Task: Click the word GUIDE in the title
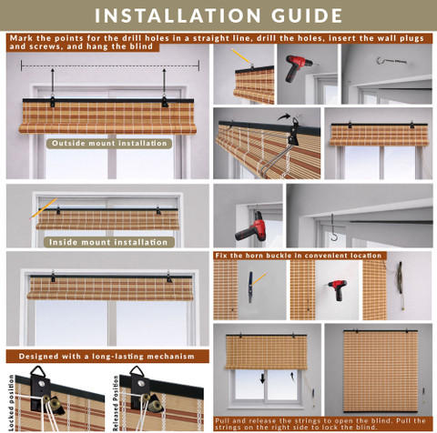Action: [x=307, y=15]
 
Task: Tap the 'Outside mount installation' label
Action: [x=109, y=144]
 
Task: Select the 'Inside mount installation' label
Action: [x=108, y=242]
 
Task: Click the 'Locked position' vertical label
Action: [x=11, y=402]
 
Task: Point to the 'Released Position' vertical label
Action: [x=116, y=403]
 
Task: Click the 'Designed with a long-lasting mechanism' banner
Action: [x=107, y=357]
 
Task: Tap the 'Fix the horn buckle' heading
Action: [x=299, y=256]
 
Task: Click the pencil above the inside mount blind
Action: [x=43, y=208]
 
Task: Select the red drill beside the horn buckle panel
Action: [x=338, y=289]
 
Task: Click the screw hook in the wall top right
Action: [x=391, y=61]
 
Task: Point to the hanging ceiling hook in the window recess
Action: [x=333, y=227]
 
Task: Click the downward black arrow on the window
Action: [x=262, y=378]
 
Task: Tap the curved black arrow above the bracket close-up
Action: [x=283, y=116]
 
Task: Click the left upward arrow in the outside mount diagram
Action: [x=53, y=82]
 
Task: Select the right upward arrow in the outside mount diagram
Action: [x=164, y=82]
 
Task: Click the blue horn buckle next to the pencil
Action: [x=250, y=287]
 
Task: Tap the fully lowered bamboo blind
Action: [x=381, y=371]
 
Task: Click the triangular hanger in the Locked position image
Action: [x=38, y=371]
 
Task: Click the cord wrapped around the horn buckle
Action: [x=400, y=278]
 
